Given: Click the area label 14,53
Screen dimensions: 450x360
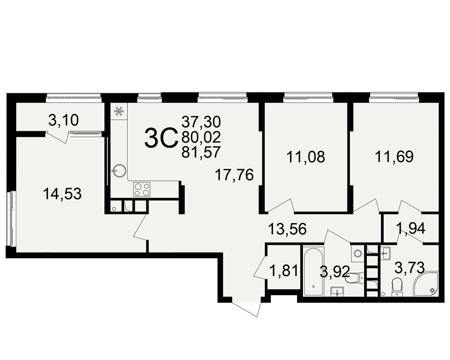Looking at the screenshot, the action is pyautogui.click(x=62, y=194).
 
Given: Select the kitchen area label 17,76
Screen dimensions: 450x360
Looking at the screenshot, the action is pyautogui.click(x=234, y=175).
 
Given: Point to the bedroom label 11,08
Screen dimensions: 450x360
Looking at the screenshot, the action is pyautogui.click(x=306, y=157).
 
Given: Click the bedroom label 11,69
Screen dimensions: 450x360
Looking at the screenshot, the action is pyautogui.click(x=394, y=157).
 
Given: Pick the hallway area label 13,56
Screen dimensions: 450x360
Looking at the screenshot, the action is pyautogui.click(x=288, y=229).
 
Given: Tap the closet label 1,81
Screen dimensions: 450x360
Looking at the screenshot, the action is pyautogui.click(x=283, y=271).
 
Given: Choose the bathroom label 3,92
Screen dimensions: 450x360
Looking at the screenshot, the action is pyautogui.click(x=335, y=272).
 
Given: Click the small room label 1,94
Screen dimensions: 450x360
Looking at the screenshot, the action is pyautogui.click(x=411, y=228).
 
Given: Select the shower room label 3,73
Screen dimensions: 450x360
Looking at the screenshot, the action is pyautogui.click(x=409, y=268).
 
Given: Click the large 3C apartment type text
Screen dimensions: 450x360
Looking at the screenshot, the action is pyautogui.click(x=160, y=138).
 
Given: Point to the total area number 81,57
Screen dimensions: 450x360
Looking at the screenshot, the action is pyautogui.click(x=201, y=152).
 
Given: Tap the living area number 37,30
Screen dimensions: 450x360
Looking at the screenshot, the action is pyautogui.click(x=201, y=122).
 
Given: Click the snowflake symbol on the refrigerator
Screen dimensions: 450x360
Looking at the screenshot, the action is pyautogui.click(x=119, y=111).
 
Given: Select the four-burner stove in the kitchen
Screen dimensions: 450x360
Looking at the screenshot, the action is pyautogui.click(x=142, y=189).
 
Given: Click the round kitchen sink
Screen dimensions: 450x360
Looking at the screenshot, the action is pyautogui.click(x=119, y=170).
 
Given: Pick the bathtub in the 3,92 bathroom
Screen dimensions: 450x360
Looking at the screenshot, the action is pyautogui.click(x=314, y=271).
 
